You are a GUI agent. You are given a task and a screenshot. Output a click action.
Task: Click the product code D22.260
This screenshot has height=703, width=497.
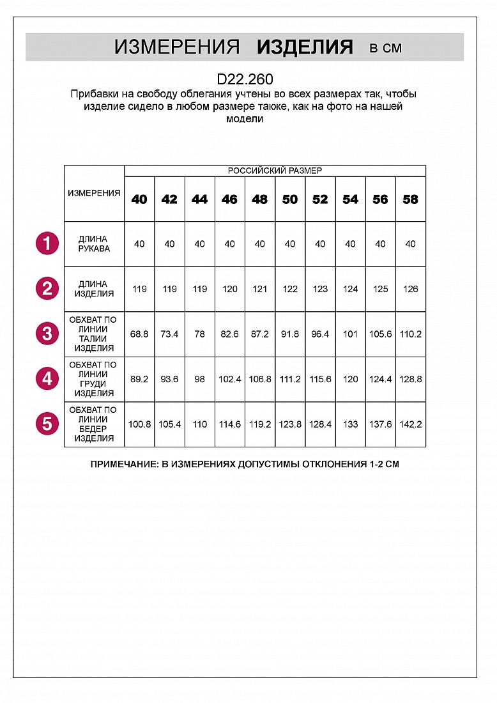pos(245,79)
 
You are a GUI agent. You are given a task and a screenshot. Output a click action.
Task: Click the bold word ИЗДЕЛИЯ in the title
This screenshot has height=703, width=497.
pos(305,47)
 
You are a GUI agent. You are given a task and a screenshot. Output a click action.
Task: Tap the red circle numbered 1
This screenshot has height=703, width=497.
pos(47,243)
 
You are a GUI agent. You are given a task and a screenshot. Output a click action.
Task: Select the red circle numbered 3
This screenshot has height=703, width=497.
pos(47,334)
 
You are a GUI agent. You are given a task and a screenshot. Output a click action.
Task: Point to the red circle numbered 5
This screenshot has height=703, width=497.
pos(47,424)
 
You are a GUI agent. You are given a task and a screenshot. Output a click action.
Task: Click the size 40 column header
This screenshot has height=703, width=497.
pos(139,199)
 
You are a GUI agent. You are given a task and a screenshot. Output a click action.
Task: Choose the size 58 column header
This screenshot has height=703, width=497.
pos(411,199)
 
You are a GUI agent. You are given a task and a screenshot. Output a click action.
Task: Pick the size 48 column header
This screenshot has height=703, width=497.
pos(260,199)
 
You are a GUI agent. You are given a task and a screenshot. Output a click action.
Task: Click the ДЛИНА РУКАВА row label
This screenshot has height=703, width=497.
pos(94,243)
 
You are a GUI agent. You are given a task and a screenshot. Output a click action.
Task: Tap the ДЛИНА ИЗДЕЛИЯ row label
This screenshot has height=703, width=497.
pos(94,289)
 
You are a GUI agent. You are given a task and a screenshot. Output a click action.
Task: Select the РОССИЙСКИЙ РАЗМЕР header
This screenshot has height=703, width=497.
pos(275,171)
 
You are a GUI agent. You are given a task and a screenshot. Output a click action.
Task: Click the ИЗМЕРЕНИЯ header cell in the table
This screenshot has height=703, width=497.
pos(94,193)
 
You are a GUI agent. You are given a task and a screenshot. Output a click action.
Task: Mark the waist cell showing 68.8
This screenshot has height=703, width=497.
pos(139,334)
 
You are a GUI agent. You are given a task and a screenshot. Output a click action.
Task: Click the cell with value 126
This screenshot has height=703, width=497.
pos(411,289)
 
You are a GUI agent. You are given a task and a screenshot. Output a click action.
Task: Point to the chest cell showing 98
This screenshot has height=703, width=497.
pos(199,379)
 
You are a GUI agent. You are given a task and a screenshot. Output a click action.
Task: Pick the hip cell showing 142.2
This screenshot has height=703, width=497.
pos(411,424)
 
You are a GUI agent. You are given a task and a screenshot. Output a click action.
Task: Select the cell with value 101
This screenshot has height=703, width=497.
pos(350,334)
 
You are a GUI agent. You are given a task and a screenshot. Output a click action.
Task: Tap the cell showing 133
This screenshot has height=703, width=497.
pos(350,424)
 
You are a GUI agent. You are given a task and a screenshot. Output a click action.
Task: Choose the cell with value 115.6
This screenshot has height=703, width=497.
pos(320,379)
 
